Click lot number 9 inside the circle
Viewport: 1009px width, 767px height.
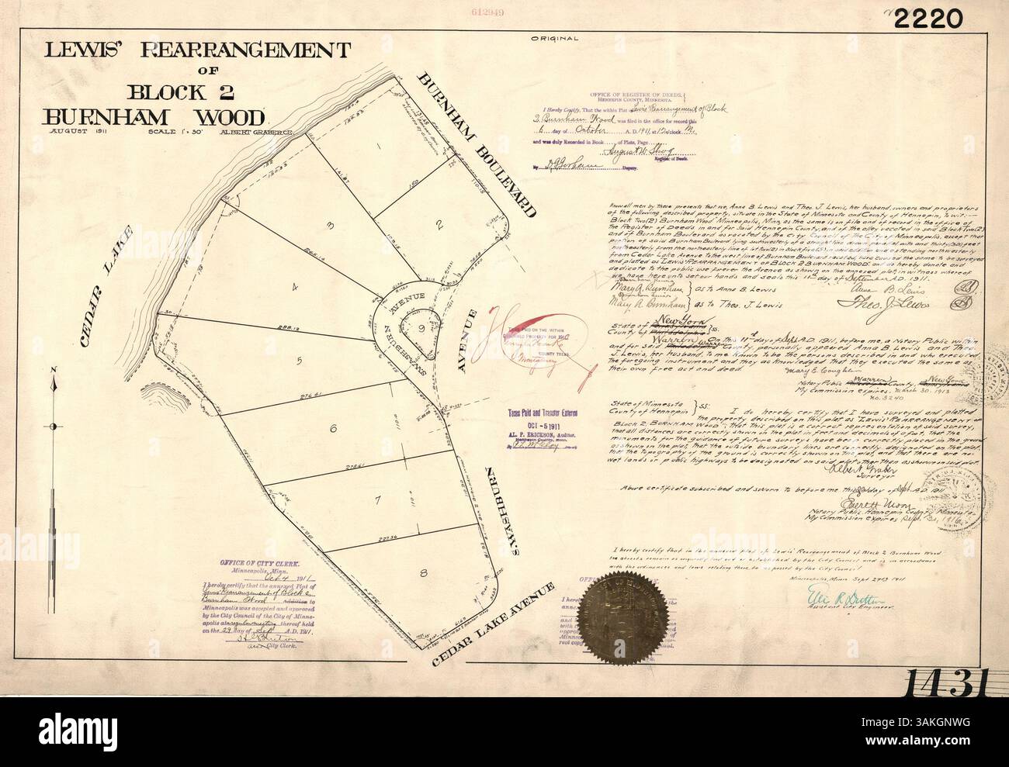point(421,327)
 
